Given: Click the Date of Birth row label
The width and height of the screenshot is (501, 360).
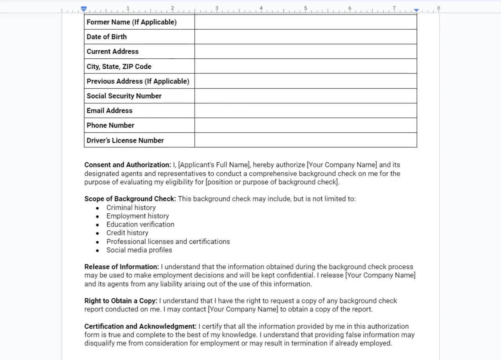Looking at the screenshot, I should click(106, 37).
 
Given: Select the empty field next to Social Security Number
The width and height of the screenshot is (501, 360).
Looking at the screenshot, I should click(305, 96).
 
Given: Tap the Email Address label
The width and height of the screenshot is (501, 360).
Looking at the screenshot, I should click(109, 111).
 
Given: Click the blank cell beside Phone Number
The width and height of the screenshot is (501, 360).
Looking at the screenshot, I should click(305, 125).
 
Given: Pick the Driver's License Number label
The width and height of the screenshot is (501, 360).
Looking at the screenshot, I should click(125, 140).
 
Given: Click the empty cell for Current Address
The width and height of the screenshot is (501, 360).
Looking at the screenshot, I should click(305, 51).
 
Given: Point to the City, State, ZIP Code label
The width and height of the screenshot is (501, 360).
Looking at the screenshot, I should click(119, 67).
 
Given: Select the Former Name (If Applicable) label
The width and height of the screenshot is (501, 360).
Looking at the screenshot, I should click(131, 22).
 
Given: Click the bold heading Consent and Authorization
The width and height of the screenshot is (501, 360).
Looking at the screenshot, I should click(127, 165).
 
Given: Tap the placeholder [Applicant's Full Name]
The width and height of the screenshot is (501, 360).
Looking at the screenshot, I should click(213, 165).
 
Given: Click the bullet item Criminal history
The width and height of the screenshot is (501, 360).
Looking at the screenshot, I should click(131, 208).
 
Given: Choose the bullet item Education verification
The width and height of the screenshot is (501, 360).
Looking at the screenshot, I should click(140, 225).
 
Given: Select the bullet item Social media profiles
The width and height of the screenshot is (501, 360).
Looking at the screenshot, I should click(139, 250).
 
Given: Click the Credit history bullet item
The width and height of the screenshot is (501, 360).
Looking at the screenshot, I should click(127, 233).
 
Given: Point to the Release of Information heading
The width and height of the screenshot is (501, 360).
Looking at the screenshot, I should click(121, 267).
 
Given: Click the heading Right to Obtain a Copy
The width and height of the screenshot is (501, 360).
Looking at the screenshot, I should click(121, 301).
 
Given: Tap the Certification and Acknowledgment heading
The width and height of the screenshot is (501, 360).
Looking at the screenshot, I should click(140, 326).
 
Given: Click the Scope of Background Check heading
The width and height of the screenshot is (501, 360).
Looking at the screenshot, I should click(130, 199).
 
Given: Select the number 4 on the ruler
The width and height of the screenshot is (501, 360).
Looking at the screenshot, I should click(261, 8).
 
